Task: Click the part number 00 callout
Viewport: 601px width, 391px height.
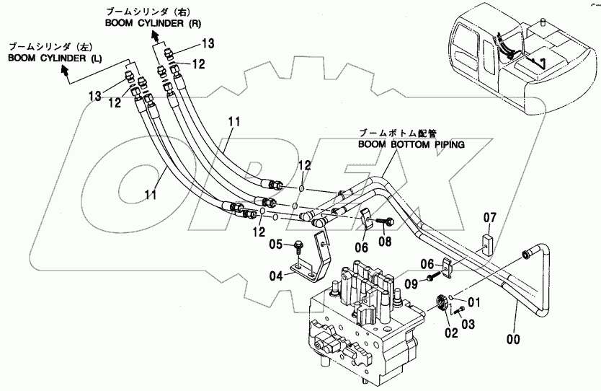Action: (x=513, y=339)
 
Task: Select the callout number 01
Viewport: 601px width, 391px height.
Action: (x=473, y=302)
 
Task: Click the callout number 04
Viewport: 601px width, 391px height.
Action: (x=276, y=276)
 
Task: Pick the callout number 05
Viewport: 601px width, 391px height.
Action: (x=275, y=244)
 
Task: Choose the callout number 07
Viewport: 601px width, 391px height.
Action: (x=489, y=218)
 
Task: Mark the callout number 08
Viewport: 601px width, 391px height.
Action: (x=386, y=242)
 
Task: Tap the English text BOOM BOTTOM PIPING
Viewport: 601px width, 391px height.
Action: (x=411, y=145)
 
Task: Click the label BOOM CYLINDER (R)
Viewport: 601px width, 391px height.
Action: (x=153, y=23)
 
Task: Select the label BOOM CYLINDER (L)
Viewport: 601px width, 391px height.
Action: (x=55, y=58)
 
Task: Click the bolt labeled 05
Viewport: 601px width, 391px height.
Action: (x=298, y=246)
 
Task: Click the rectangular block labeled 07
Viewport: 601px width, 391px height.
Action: (x=489, y=245)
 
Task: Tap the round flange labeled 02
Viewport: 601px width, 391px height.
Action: (x=442, y=302)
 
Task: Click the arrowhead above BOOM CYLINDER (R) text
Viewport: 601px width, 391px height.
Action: (x=155, y=35)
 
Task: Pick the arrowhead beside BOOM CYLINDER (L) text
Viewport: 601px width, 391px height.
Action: (x=65, y=69)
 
